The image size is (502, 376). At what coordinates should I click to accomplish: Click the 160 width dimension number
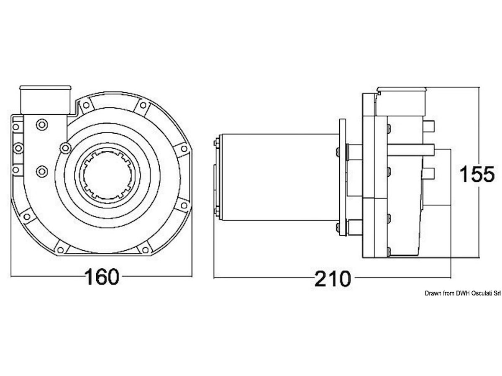[102, 277]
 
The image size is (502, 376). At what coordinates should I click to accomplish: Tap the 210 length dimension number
[333, 279]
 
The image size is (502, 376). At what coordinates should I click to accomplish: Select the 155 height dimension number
[477, 174]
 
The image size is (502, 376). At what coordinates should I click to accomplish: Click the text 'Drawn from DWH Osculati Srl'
[463, 293]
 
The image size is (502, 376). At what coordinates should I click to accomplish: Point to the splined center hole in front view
[108, 175]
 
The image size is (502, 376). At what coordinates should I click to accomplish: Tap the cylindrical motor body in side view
[279, 178]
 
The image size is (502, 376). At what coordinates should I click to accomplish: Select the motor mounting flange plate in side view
[343, 178]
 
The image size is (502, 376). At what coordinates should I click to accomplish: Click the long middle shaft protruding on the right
[411, 150]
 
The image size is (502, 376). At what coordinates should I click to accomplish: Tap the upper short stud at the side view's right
[429, 127]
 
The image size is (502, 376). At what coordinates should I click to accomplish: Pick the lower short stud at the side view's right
[429, 173]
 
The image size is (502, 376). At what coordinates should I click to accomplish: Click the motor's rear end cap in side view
[218, 178]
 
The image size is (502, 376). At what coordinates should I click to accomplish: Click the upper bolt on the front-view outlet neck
[42, 124]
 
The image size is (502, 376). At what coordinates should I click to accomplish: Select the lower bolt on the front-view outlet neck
[42, 171]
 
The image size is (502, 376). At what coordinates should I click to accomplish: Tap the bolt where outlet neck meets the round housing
[65, 148]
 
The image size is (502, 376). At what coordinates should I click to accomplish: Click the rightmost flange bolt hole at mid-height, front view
[184, 149]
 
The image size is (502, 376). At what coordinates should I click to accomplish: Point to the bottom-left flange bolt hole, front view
[27, 216]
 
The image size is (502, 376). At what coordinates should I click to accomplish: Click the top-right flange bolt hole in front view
[143, 105]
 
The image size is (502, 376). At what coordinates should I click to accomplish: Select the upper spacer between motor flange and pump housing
[354, 152]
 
